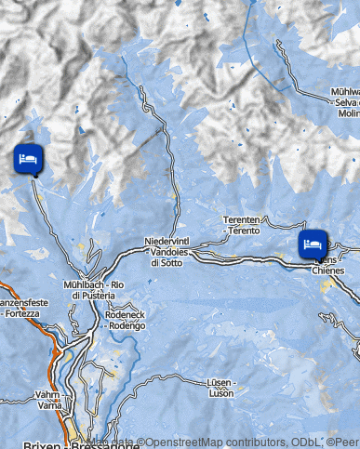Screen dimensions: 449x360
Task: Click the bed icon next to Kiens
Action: coord(313,244)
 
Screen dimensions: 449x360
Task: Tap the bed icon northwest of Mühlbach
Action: coord(28,159)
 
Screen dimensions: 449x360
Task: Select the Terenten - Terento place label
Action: coord(241,224)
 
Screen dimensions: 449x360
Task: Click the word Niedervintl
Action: coord(165,242)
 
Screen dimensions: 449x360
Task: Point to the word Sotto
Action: coord(167,263)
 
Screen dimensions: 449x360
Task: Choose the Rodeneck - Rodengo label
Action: coord(127,321)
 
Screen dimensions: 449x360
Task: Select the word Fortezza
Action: coord(22,314)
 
